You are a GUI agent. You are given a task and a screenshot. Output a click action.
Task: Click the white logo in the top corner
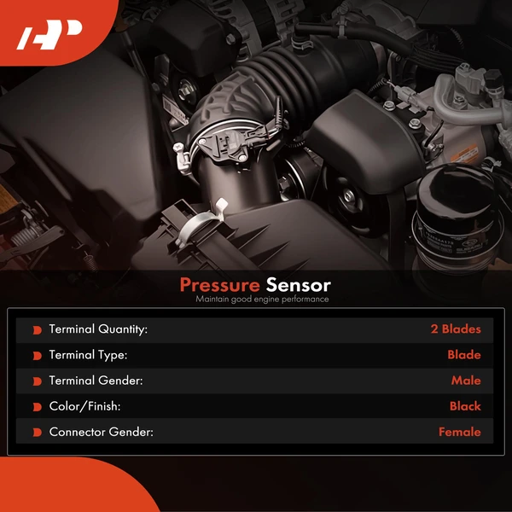[49, 35]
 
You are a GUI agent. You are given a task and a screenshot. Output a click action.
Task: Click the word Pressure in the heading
[220, 285]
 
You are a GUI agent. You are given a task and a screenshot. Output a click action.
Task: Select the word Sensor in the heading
[298, 285]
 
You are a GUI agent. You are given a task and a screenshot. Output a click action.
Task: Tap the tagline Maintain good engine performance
[262, 300]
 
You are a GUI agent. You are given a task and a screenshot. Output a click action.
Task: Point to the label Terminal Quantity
[98, 329]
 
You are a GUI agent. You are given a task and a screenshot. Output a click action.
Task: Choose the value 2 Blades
[456, 329]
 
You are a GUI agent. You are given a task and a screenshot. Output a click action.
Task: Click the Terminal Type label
[88, 355]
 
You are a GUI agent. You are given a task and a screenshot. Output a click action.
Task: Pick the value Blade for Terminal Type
[464, 355]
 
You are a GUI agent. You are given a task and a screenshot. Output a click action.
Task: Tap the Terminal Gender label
[96, 381]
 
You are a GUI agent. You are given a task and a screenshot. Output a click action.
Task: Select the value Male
[466, 381]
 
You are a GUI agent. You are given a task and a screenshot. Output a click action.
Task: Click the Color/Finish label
[84, 406]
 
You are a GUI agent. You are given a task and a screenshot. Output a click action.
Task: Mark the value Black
[465, 406]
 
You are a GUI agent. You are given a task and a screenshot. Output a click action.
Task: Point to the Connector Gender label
[102, 432]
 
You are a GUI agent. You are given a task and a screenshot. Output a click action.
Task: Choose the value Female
[459, 432]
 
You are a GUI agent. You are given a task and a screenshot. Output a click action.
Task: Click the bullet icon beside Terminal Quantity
[38, 330]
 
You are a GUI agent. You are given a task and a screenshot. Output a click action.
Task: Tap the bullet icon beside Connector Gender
[38, 433]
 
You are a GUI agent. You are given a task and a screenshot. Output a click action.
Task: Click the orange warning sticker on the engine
[465, 153]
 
